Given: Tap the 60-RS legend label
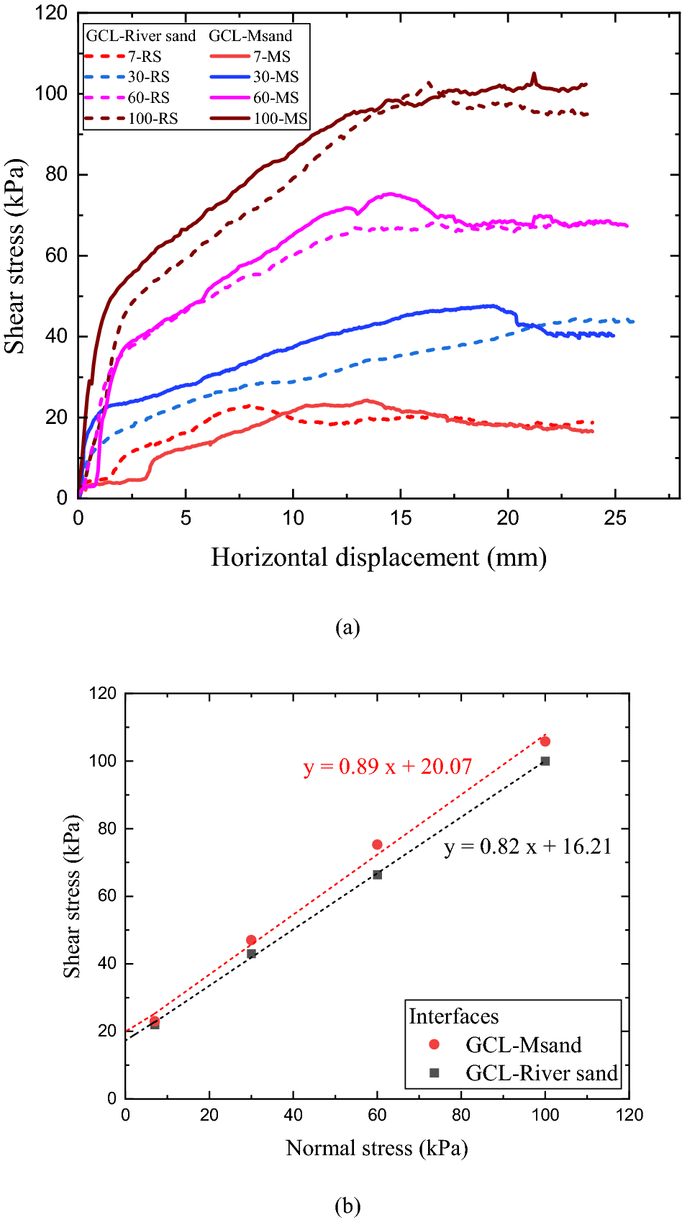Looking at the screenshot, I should (148, 97).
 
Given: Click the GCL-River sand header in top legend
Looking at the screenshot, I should (141, 36).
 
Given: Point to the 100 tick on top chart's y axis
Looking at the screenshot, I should (51, 94).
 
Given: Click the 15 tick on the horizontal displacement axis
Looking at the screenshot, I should (401, 518).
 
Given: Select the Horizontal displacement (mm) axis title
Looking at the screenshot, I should (378, 557).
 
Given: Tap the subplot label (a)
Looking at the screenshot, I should (347, 627).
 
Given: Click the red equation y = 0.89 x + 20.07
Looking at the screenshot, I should (388, 766).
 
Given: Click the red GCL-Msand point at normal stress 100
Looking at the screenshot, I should (545, 741).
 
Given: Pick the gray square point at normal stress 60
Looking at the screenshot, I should (377, 875).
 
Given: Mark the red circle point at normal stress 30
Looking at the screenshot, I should (251, 940).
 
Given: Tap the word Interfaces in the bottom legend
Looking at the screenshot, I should (453, 1016).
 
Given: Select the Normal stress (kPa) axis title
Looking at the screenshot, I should (377, 1147).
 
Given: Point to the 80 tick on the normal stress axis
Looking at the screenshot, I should (461, 1115).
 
